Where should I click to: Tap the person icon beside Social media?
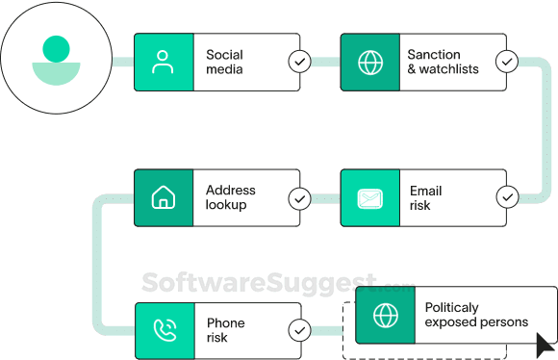click(x=164, y=63)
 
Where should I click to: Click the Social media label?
click(x=224, y=63)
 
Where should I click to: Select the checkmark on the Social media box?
click(x=299, y=63)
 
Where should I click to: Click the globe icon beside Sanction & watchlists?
click(x=369, y=63)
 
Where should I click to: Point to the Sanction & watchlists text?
click(x=443, y=63)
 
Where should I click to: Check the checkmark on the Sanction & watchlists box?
click(x=507, y=63)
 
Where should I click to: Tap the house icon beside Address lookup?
click(x=164, y=198)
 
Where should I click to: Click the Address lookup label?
click(x=230, y=198)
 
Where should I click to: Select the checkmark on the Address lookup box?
click(x=299, y=198)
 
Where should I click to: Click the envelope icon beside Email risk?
click(x=369, y=198)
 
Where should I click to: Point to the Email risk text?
click(x=426, y=198)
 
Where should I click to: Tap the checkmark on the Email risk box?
click(x=507, y=198)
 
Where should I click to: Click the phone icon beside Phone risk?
click(x=164, y=330)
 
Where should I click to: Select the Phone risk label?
click(x=225, y=330)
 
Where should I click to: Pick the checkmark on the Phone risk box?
click(x=299, y=330)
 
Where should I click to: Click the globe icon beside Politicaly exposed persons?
click(x=385, y=315)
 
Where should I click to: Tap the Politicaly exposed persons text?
click(x=475, y=315)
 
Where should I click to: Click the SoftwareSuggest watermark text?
click(x=260, y=281)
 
